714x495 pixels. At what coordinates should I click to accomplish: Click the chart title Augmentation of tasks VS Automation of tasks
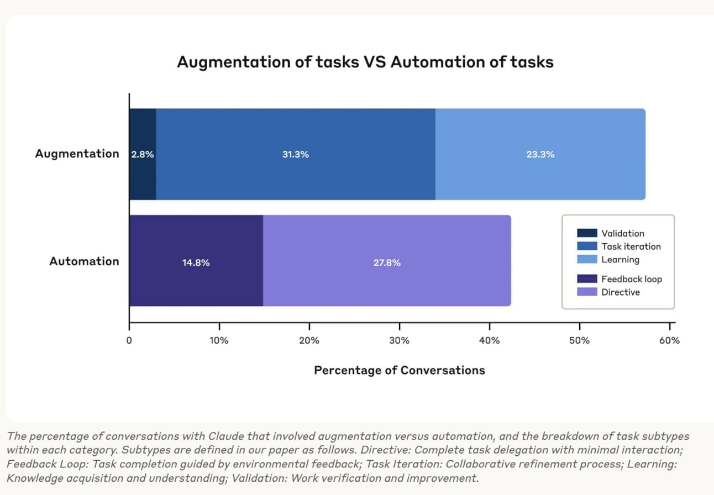click(x=365, y=62)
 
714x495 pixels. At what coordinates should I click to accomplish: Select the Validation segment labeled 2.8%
click(x=143, y=154)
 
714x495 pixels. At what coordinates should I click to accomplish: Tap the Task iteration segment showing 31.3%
click(x=295, y=154)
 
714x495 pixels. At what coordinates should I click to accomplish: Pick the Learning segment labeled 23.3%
click(x=540, y=154)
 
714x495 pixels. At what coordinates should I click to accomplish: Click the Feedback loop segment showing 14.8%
click(x=196, y=262)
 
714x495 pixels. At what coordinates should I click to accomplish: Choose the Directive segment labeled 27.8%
click(x=386, y=262)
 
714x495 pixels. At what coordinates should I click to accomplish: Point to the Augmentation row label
click(x=77, y=154)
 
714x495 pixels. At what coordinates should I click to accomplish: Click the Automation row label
click(x=84, y=261)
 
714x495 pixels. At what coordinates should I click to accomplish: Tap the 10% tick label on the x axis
click(x=219, y=340)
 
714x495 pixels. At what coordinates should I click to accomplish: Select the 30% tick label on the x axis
click(x=399, y=340)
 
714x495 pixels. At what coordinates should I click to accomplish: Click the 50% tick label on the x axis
click(x=579, y=340)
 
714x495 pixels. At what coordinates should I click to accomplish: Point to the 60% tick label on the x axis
click(x=669, y=340)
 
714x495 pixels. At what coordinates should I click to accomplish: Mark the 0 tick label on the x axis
click(x=129, y=340)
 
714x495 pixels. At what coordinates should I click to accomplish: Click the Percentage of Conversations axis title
click(x=399, y=370)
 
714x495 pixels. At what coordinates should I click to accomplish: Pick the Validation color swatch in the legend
click(x=587, y=233)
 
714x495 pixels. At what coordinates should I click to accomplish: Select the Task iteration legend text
click(x=631, y=246)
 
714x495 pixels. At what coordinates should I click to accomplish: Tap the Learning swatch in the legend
click(x=587, y=259)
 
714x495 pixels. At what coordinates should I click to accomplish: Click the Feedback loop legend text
click(x=631, y=279)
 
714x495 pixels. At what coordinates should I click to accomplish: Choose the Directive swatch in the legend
click(x=587, y=292)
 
